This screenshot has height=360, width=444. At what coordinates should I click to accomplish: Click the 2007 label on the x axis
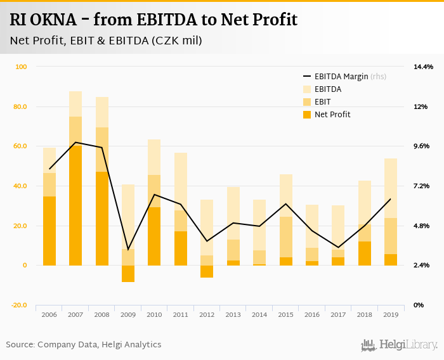75,314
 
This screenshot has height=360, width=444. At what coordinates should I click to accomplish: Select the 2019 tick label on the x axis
390,314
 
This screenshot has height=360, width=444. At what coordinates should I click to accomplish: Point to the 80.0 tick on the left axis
20,106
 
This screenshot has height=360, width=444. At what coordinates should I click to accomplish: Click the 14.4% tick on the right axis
423,67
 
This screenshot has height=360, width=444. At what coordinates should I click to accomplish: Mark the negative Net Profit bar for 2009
128,273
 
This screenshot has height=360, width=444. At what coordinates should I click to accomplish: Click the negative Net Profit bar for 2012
207,271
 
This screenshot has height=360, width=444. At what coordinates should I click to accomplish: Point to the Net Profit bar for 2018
364,254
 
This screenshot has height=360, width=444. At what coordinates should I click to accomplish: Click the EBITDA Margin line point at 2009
128,250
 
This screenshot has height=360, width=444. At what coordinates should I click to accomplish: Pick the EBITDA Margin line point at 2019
390,199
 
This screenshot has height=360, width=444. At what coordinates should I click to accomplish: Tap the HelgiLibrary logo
400,345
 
